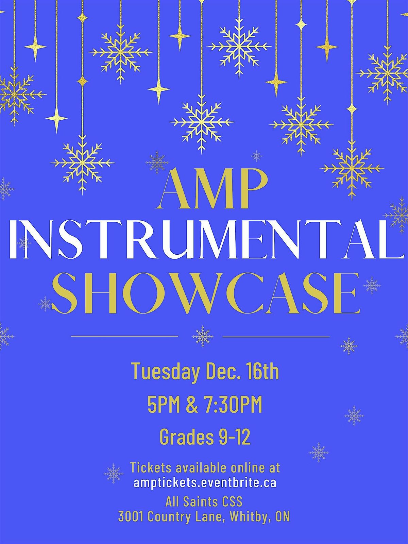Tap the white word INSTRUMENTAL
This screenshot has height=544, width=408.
click(204, 239)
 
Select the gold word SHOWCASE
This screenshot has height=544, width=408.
click(205, 294)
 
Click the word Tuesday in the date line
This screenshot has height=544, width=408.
click(165, 371)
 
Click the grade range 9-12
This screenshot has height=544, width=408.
click(234, 437)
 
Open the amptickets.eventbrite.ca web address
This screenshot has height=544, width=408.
click(205, 483)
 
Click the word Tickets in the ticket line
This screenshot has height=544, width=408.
click(151, 468)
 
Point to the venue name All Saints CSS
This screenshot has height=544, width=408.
click(204, 502)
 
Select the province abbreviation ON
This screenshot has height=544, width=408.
click(283, 517)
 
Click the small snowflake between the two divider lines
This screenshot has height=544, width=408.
click(203, 336)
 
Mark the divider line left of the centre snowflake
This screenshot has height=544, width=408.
click(124, 336)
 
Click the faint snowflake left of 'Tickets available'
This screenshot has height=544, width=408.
click(114, 473)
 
